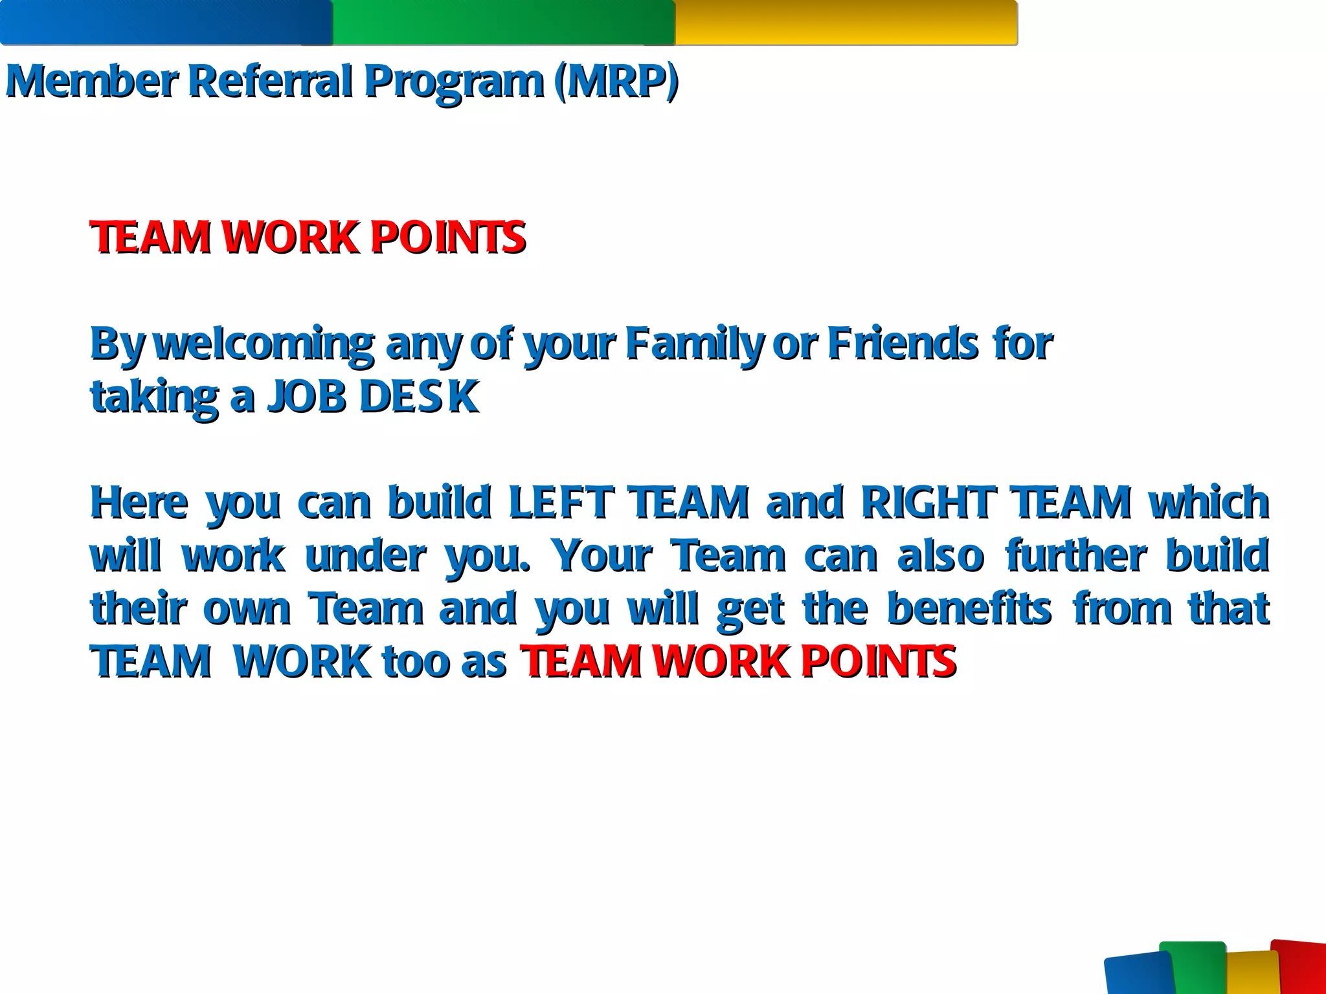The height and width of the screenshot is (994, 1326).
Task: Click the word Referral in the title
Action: coord(270,82)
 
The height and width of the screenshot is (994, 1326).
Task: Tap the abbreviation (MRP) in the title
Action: coord(616,82)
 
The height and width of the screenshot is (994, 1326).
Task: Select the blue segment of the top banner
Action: coord(166,23)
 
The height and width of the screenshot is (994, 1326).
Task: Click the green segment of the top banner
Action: coord(504,23)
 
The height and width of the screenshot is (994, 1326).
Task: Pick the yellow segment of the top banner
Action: coord(846,23)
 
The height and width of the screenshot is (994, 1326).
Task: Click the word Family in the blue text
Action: coord(694,344)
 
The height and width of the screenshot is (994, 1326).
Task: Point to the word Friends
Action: coord(903,344)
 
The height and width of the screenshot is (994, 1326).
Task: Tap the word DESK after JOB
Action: coord(419,396)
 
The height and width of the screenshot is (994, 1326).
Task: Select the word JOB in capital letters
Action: coord(308,396)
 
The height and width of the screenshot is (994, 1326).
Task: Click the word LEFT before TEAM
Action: coord(561,503)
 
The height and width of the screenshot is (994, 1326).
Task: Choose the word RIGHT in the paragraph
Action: coord(928,503)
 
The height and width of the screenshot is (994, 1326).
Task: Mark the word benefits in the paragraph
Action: coord(969,609)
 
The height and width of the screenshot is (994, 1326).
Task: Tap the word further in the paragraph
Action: coord(1075,556)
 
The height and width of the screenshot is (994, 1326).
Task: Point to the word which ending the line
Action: coord(1209,503)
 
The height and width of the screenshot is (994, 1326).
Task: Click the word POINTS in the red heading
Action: coord(447,237)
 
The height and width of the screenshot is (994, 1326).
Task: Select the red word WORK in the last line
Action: coord(721,662)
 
